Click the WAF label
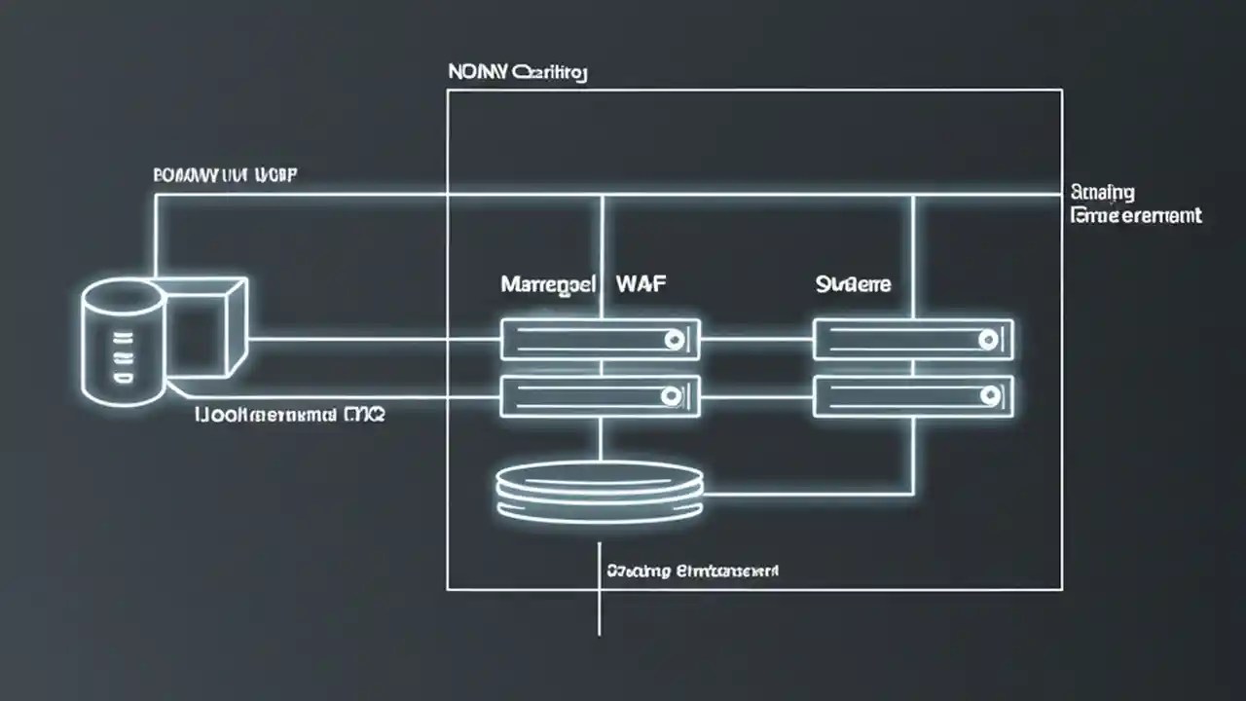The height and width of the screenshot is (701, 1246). tap(641, 285)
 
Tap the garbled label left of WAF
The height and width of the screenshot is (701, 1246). tap(548, 285)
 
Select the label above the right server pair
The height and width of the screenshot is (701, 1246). tap(853, 285)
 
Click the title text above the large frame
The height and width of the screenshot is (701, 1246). tap(517, 72)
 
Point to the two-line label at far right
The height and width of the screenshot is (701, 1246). tap(1135, 203)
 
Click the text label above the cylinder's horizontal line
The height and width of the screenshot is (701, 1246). tap(226, 175)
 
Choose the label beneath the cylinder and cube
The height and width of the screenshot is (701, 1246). tap(290, 416)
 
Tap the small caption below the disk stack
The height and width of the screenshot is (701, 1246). tap(692, 570)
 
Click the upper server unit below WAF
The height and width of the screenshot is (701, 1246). tap(600, 340)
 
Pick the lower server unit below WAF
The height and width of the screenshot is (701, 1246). tap(600, 396)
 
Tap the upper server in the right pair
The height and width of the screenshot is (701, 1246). tap(913, 340)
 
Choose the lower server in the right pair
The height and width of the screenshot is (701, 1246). tap(913, 396)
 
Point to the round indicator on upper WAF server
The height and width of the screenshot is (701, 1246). tap(672, 340)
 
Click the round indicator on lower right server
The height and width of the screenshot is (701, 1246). tap(989, 395)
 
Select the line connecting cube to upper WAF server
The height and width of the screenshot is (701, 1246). tap(375, 340)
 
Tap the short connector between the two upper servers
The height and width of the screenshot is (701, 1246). tap(756, 340)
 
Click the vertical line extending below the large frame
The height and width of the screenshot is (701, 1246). tap(600, 613)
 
